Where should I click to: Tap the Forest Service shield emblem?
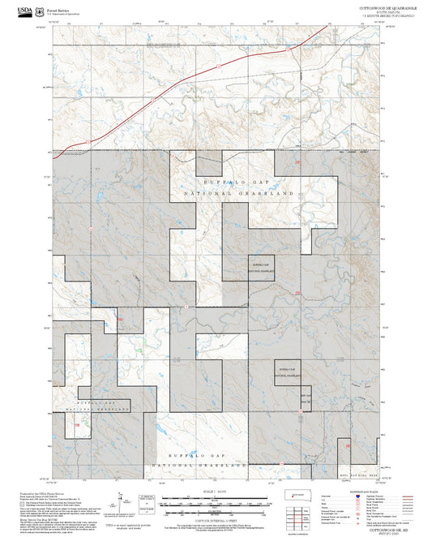40,10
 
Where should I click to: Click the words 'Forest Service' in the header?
58,7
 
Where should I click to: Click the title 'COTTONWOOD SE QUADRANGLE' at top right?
387,6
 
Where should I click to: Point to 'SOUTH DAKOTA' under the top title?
387,11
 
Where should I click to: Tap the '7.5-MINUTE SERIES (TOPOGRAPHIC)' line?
387,15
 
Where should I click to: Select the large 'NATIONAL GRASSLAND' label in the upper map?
238,195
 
